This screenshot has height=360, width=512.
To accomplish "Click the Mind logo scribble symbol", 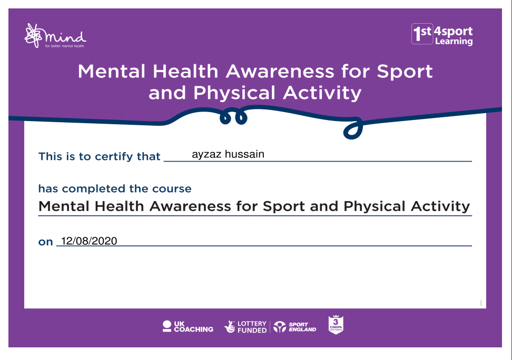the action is (x=33, y=36).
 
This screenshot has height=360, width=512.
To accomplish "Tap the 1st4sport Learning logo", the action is (x=442, y=34).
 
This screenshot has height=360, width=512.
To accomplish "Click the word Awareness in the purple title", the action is (x=280, y=71).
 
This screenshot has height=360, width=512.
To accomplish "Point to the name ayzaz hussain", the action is (x=228, y=154).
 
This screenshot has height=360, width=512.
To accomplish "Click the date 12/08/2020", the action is (x=89, y=241).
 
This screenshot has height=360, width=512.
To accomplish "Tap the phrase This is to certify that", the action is (x=99, y=156).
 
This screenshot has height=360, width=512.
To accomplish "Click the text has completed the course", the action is (x=115, y=188).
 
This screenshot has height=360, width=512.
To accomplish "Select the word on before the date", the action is (x=46, y=242).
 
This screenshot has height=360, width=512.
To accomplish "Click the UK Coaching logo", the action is (x=188, y=326).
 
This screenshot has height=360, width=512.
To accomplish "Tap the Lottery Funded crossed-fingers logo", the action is (x=245, y=327).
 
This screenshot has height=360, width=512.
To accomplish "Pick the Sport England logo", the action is (x=295, y=327).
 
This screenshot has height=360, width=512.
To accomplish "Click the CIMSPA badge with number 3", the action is (x=336, y=324).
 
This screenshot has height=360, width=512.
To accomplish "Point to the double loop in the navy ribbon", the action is (x=233, y=117).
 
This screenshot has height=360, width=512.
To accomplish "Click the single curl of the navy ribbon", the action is (x=353, y=128).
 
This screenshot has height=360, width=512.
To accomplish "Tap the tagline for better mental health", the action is (x=64, y=46).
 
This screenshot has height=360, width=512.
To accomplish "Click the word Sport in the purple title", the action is (x=405, y=72).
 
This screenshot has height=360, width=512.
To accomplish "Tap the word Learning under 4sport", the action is (x=454, y=42).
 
